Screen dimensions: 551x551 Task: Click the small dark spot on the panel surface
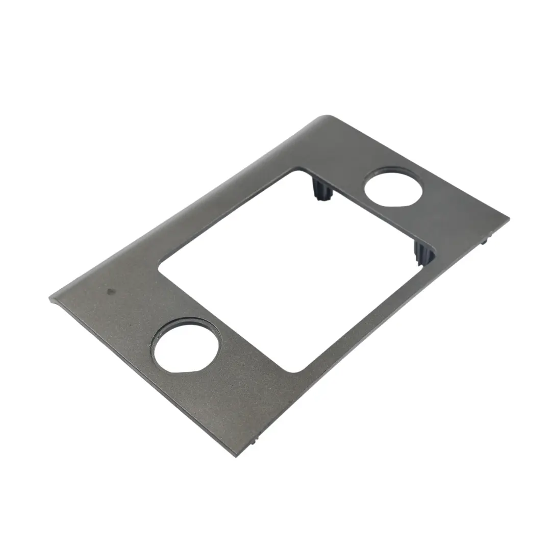(111, 291)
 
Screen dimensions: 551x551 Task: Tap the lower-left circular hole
(186, 346)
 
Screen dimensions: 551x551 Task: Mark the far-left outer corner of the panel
(51, 298)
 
